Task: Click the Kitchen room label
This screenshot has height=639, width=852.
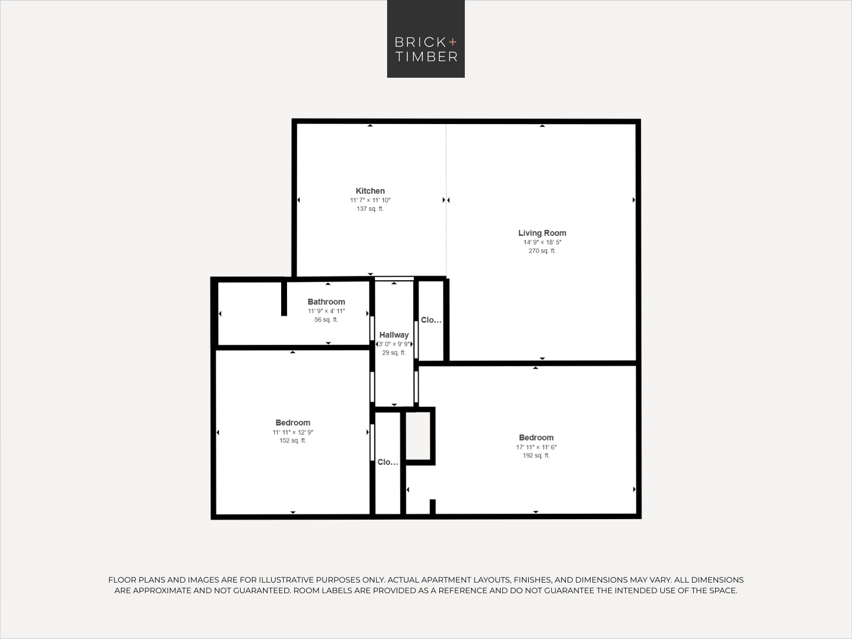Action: click(x=370, y=191)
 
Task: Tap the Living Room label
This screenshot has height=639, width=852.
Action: click(x=542, y=233)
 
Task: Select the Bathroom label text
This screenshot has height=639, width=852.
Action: click(x=326, y=302)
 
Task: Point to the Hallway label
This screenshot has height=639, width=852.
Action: click(x=394, y=335)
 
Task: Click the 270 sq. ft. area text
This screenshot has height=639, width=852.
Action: click(x=542, y=251)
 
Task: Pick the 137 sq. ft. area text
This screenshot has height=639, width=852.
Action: click(x=370, y=209)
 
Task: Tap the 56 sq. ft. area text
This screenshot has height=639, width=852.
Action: click(x=326, y=319)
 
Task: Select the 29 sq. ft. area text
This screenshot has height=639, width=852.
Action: click(x=394, y=353)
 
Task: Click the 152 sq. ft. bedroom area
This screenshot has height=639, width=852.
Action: click(x=293, y=441)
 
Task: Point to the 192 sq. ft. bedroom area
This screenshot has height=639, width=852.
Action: click(x=536, y=455)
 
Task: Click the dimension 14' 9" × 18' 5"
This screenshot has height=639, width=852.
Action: click(x=542, y=242)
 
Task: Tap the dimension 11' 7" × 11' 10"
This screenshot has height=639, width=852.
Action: click(x=370, y=200)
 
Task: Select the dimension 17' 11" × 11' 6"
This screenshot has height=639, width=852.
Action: click(x=536, y=447)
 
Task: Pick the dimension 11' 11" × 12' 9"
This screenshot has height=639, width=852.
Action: click(x=293, y=432)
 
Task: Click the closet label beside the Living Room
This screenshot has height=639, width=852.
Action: click(x=431, y=320)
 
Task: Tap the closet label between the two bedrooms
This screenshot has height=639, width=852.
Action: click(x=388, y=462)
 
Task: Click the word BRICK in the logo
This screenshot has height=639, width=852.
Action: click(x=420, y=42)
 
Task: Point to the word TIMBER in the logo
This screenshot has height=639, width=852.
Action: click(x=427, y=56)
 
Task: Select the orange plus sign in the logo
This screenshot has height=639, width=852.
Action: click(x=453, y=42)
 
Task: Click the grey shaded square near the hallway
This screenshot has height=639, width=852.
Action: click(x=418, y=436)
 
